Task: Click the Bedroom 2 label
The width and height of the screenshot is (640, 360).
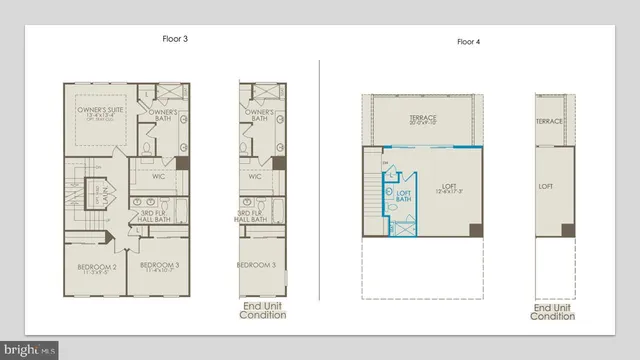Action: (x=97, y=269)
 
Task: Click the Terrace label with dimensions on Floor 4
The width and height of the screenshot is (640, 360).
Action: (x=424, y=122)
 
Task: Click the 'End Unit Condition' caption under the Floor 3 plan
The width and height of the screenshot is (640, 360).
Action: (x=262, y=309)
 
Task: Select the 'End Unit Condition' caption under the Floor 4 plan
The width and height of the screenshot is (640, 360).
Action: (x=553, y=310)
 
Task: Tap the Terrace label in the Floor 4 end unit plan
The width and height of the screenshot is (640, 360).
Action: (x=549, y=122)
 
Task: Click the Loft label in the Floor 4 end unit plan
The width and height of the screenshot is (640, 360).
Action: (x=546, y=186)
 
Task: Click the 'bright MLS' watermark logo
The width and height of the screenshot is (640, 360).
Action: (x=30, y=350)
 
